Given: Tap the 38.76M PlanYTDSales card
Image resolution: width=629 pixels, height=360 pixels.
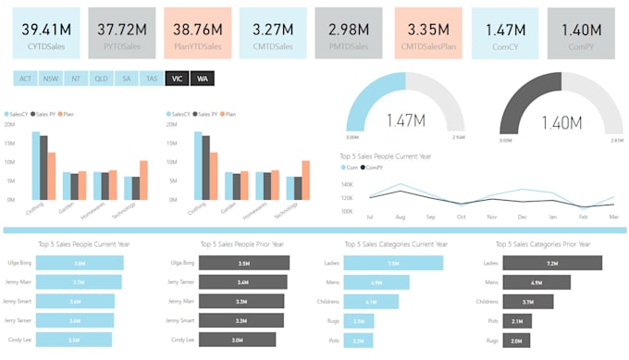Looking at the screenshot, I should pyautogui.click(x=197, y=33).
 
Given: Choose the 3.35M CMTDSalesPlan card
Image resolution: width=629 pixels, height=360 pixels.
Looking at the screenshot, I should pyautogui.click(x=428, y=33).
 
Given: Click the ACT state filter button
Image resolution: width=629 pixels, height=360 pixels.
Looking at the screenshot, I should pyautogui.click(x=25, y=79).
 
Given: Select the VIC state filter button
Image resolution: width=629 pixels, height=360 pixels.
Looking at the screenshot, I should pyautogui.click(x=176, y=79).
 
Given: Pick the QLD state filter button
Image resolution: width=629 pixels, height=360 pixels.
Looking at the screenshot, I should pyautogui.click(x=101, y=79).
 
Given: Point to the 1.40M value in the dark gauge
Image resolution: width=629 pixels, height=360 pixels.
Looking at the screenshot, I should pyautogui.click(x=561, y=121).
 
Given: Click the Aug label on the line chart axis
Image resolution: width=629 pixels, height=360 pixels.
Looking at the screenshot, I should pyautogui.click(x=401, y=217).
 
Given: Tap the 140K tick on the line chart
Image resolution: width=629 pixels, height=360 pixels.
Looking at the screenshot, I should pyautogui.click(x=348, y=185).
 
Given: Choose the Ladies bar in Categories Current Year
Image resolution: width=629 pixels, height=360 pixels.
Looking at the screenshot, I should pyautogui.click(x=392, y=263).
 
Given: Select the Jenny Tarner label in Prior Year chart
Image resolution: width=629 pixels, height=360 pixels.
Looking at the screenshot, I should pyautogui.click(x=180, y=282).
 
